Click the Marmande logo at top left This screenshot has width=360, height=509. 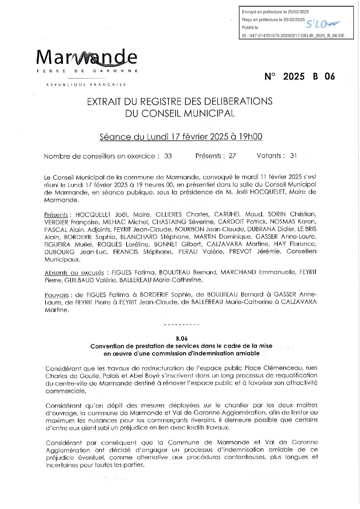(87, 58)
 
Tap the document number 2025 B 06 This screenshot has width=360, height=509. (299, 77)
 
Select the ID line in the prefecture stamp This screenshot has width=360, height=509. (293, 35)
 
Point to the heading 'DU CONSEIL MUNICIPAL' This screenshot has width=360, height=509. (180, 113)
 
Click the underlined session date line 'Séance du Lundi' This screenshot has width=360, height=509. (181, 137)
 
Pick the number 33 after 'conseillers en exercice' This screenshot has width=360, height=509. (168, 156)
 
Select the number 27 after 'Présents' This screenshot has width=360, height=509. (232, 156)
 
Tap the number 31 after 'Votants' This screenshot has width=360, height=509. (293, 156)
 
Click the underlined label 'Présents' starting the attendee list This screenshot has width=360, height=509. (56, 215)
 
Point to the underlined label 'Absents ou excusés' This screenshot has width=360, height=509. (74, 273)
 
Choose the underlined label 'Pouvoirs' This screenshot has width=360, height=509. (56, 295)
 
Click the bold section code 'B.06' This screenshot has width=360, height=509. (182, 339)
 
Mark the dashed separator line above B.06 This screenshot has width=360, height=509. (182, 325)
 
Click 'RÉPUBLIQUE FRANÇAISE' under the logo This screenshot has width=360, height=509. (86, 84)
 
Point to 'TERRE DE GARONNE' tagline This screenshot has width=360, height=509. (87, 71)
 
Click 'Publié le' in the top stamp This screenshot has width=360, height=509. (250, 28)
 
